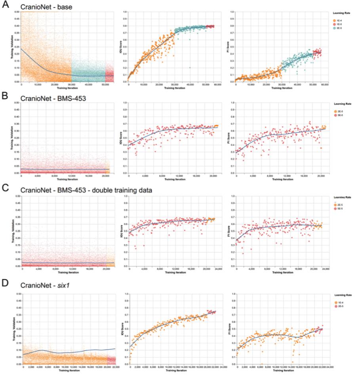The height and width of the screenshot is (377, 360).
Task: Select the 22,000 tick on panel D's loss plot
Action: (114, 367)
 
